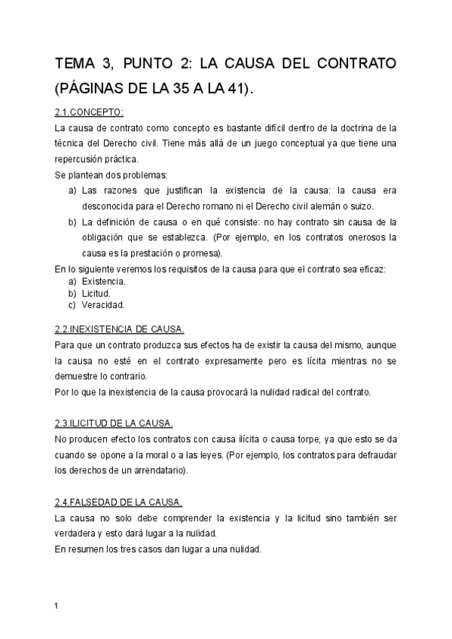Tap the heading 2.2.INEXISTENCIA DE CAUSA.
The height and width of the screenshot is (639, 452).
(x=119, y=329)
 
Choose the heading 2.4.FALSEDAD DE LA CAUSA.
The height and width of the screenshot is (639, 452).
(x=118, y=502)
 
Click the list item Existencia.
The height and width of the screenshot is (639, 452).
(x=103, y=281)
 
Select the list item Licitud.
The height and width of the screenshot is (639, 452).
(x=96, y=293)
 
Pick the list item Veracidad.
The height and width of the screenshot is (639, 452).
(x=102, y=305)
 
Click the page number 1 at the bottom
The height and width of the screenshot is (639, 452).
(x=57, y=605)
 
